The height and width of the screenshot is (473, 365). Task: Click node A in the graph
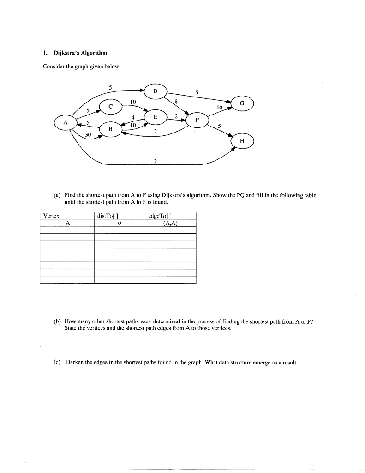click(x=65, y=123)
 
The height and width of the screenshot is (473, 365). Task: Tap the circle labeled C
click(x=110, y=106)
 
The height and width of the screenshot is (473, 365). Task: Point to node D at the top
click(x=156, y=91)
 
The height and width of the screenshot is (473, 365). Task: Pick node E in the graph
click(x=156, y=118)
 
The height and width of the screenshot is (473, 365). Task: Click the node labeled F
click(x=197, y=120)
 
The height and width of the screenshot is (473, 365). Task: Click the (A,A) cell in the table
click(x=170, y=223)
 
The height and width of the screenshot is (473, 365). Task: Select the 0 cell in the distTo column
click(x=119, y=223)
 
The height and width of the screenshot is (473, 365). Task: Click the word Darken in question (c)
click(x=75, y=363)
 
